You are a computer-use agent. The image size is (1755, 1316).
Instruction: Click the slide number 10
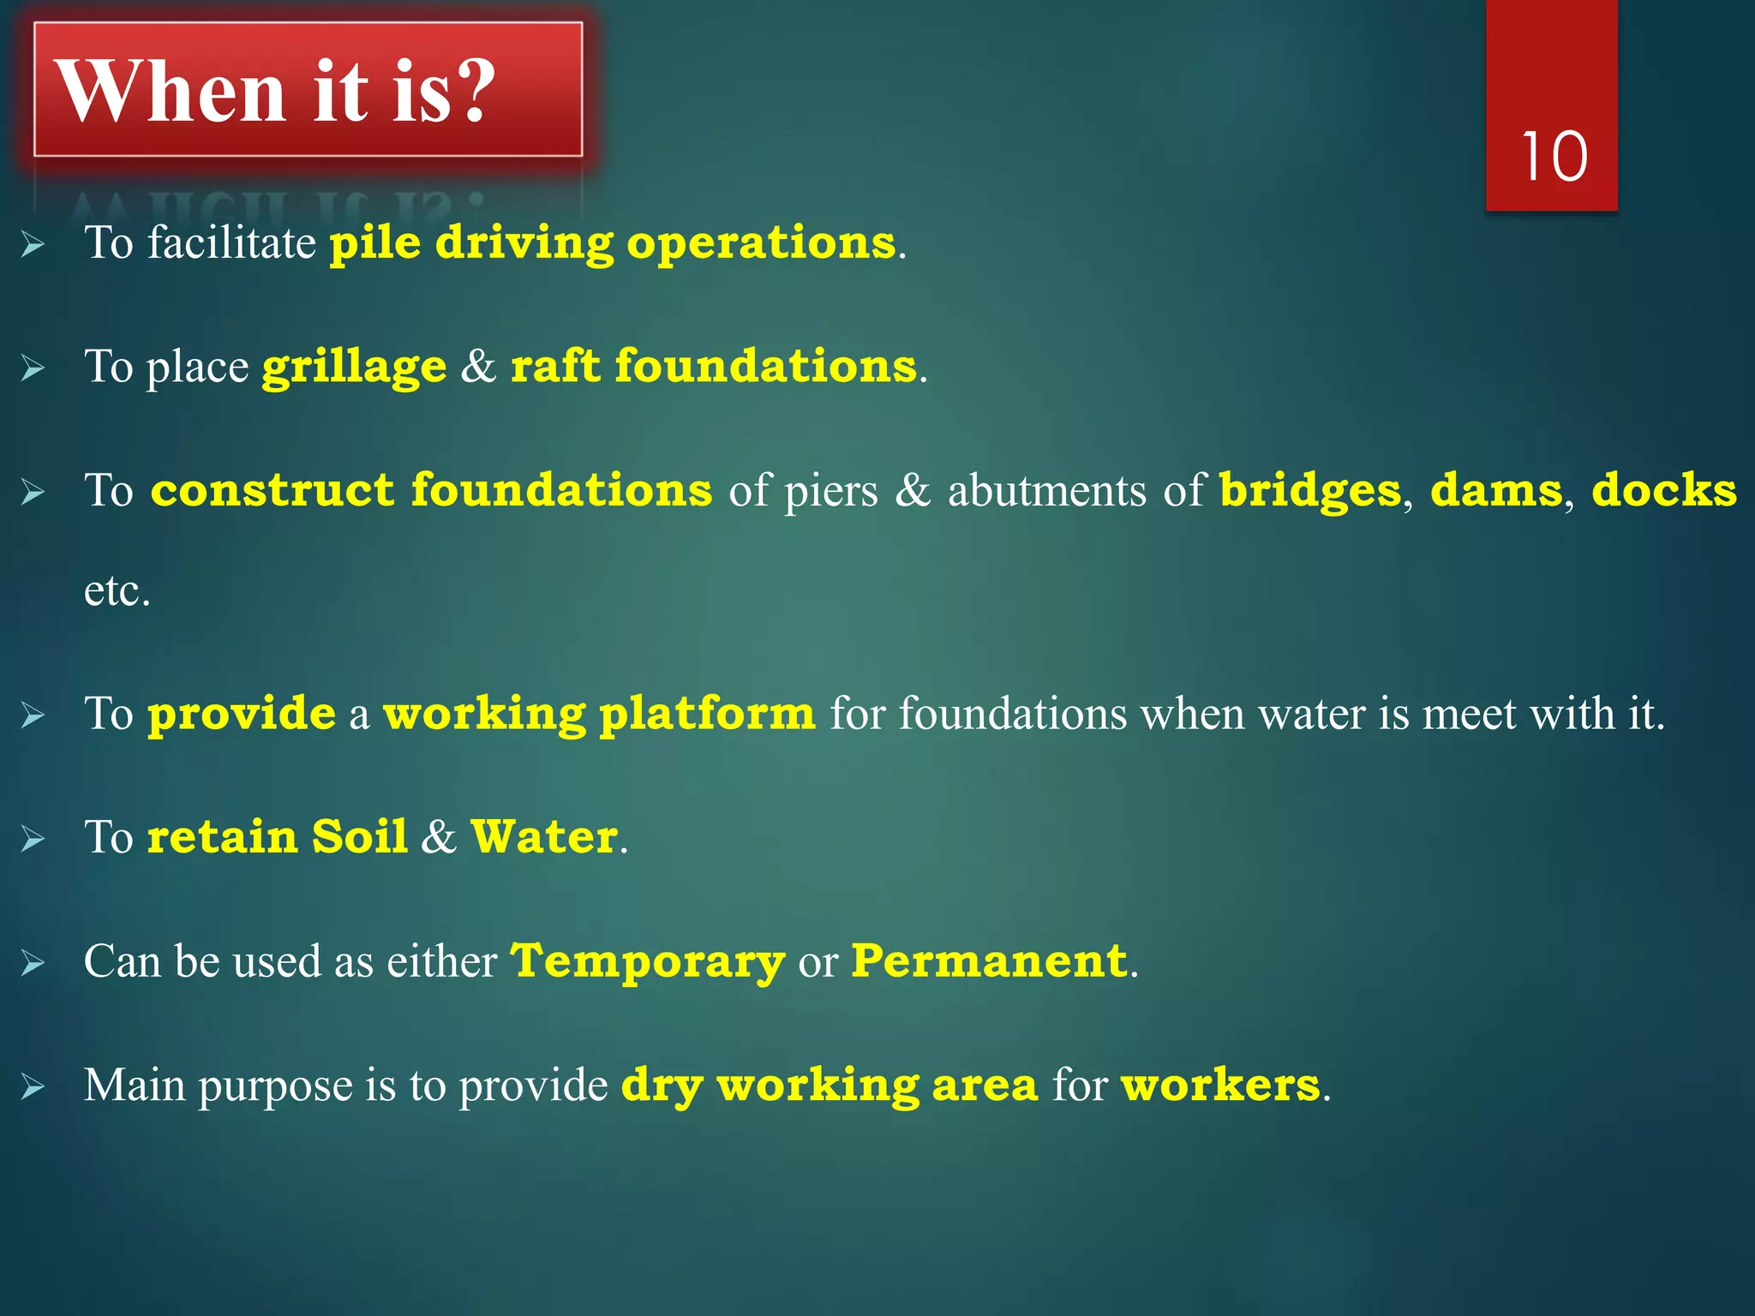(1554, 158)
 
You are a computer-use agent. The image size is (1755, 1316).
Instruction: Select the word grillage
(354, 368)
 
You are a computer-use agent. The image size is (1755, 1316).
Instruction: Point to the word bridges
(1309, 491)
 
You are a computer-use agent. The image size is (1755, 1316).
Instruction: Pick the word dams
(1495, 491)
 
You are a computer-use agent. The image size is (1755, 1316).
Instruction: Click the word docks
(1663, 491)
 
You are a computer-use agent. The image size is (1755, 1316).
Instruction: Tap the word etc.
(117, 591)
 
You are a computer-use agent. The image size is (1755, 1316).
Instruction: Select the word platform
(707, 715)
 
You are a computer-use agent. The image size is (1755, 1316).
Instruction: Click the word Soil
(359, 837)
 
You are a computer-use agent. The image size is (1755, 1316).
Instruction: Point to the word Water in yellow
(544, 837)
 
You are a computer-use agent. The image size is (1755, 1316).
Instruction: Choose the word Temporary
(648, 962)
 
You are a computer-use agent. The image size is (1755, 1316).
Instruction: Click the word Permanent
(989, 961)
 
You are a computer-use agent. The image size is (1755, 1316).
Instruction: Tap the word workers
(1220, 1086)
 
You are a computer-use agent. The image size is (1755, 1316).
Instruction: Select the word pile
(375, 243)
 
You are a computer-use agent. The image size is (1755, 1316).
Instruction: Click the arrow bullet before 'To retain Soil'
(33, 838)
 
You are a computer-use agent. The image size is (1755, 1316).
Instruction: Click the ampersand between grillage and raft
(478, 367)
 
